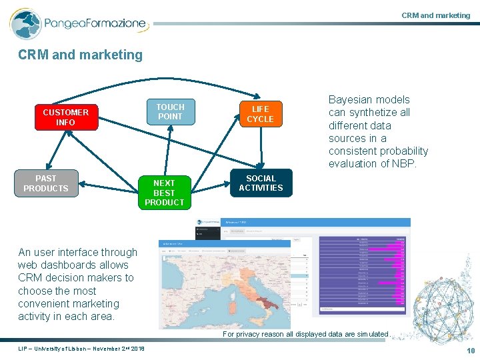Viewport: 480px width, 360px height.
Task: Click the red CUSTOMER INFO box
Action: (65, 117)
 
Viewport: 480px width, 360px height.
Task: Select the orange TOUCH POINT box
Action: (170, 112)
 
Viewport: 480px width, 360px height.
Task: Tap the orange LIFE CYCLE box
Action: (260, 114)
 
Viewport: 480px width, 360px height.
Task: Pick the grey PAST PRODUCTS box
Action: (46, 183)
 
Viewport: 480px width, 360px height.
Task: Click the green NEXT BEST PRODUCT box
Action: (164, 193)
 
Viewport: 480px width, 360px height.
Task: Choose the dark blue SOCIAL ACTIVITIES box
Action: (261, 183)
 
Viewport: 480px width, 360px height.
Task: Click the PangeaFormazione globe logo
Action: (25, 24)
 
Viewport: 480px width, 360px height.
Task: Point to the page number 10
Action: (471, 351)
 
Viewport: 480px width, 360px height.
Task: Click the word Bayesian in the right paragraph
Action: (351, 100)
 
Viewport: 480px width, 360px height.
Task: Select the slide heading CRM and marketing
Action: (81, 55)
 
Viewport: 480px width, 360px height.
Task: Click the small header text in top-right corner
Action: (435, 15)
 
